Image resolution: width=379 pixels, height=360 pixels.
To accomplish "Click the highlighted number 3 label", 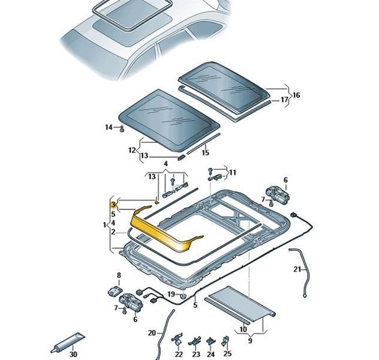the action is (113, 205).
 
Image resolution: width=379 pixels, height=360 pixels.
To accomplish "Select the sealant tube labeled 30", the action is (68, 343).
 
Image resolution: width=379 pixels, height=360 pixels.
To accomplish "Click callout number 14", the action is (109, 127).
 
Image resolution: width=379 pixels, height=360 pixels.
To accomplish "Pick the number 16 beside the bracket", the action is (296, 95).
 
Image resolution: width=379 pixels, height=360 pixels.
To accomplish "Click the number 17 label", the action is (284, 100).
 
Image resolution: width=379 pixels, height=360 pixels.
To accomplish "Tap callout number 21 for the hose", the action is (297, 269).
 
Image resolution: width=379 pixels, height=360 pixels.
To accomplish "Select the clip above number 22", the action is (178, 340).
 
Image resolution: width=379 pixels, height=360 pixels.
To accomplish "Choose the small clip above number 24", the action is (210, 341).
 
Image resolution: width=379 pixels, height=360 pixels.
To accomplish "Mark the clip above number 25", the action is (225, 341).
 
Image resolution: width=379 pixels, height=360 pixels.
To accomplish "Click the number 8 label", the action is (119, 275).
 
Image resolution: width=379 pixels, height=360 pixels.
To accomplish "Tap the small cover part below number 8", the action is (115, 291).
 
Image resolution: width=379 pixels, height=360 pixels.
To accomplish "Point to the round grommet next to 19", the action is (184, 296).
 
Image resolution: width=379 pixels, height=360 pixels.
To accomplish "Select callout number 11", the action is (232, 173).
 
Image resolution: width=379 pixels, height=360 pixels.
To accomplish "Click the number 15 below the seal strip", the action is (205, 152).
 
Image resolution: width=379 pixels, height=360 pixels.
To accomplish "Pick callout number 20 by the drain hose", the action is (152, 333).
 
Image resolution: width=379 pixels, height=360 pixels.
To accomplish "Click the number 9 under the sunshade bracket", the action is (250, 341).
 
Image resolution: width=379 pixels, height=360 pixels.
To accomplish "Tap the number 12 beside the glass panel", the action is (132, 150).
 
